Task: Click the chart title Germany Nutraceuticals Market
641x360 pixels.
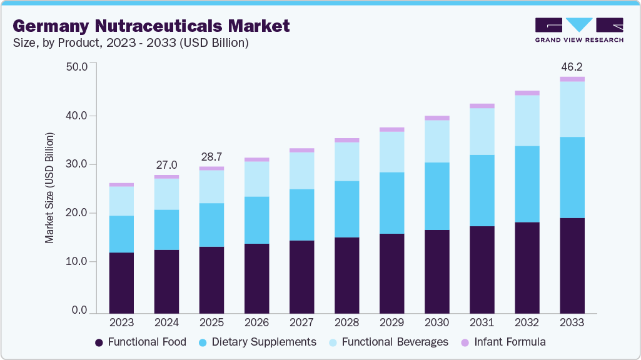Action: (x=151, y=26)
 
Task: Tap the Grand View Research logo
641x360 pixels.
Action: (x=579, y=30)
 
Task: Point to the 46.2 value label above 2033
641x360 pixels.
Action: (x=572, y=66)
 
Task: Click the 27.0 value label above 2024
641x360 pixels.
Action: (x=166, y=165)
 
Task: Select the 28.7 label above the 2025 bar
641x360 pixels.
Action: (x=211, y=157)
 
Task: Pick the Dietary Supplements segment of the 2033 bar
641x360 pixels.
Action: (x=572, y=177)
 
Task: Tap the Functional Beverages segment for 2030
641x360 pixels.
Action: (x=437, y=141)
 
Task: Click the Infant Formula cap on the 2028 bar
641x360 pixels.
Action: (x=346, y=140)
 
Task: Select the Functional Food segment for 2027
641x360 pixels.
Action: (x=301, y=276)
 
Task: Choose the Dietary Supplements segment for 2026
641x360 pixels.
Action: (x=256, y=220)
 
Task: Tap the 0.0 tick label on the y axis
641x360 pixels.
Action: (x=79, y=311)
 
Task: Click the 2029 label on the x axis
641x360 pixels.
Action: (x=391, y=323)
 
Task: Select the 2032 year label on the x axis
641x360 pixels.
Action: (x=527, y=323)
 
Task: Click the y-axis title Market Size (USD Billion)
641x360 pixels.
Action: (x=49, y=188)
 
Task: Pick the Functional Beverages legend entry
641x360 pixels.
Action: (x=390, y=342)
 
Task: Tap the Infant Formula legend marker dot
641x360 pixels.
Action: (x=465, y=342)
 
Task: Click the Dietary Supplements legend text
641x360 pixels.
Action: (x=264, y=342)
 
